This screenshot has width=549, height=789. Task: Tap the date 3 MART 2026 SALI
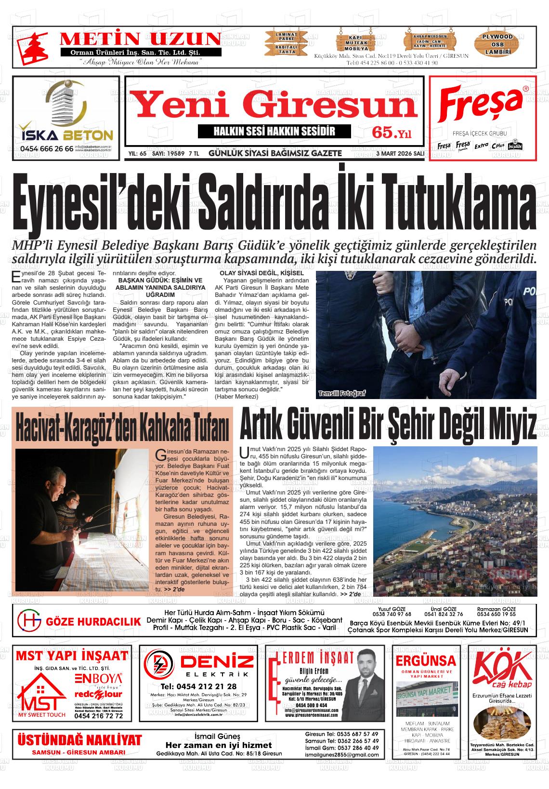(400, 153)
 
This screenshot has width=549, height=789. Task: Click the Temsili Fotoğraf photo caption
(342, 393)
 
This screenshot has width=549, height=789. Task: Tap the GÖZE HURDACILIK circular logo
(29, 621)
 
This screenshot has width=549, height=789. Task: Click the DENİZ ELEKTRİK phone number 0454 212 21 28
(198, 686)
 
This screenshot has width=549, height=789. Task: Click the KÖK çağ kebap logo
(503, 669)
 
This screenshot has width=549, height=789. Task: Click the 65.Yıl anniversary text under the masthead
(392, 133)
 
